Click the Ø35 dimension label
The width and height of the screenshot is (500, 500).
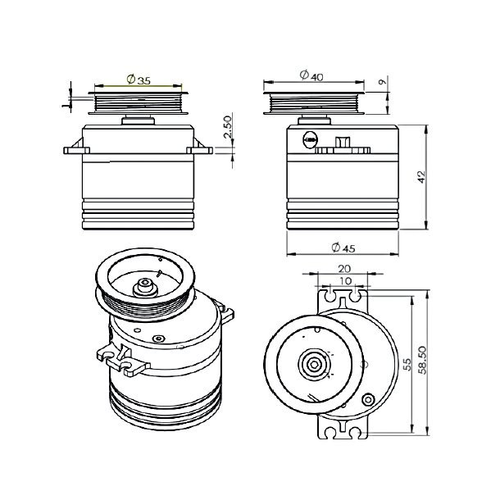[139, 80]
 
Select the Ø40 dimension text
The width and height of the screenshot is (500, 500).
[312, 76]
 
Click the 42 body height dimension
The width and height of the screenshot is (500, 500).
[422, 178]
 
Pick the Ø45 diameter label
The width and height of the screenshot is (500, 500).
[343, 247]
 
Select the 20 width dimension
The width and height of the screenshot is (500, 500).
[344, 269]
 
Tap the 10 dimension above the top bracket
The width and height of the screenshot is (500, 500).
[344, 281]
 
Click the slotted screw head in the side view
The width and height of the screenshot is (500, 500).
[310, 139]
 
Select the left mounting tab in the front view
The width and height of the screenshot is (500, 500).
[77, 150]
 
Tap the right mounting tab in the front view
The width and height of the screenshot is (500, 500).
[199, 150]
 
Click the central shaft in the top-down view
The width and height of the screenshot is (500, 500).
[313, 363]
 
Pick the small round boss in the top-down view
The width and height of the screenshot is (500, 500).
[368, 402]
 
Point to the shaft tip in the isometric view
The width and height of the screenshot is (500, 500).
[146, 285]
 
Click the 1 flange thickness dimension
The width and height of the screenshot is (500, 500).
[66, 102]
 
